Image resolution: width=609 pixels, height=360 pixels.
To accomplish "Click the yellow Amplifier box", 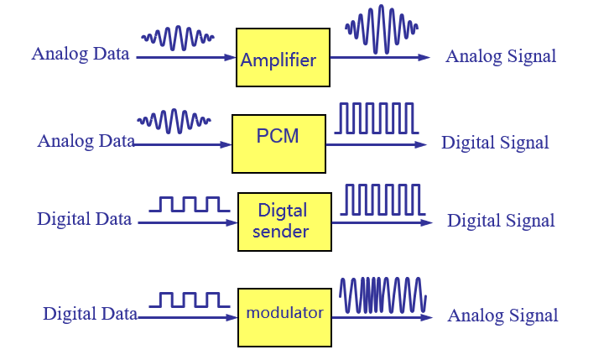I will coord(282,58).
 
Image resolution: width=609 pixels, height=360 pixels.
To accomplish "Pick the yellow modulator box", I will coord(284,317).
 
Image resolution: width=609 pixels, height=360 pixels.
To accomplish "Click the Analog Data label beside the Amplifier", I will coord(81,55).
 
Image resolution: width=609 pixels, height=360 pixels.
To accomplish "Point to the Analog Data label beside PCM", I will coord(86,141).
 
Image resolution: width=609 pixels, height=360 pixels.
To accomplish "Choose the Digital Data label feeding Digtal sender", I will coord(84,220).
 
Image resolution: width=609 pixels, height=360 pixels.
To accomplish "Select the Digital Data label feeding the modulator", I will coord(90,315).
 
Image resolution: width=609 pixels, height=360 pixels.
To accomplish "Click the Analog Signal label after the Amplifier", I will coord(501,57).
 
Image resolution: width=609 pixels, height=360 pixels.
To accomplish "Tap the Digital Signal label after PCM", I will coord(495,143).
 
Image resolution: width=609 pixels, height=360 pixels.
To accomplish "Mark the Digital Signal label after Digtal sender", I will coord(501,221).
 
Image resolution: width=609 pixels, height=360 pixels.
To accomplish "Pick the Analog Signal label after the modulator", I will coord(502,316).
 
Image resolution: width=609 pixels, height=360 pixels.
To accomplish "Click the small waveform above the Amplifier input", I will coord(178,37).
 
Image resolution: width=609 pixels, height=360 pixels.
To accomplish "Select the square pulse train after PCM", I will coord(375,118).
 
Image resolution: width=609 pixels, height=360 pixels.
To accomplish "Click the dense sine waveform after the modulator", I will coord(383,296).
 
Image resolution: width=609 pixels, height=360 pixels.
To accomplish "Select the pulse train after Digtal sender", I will coord(383,200).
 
